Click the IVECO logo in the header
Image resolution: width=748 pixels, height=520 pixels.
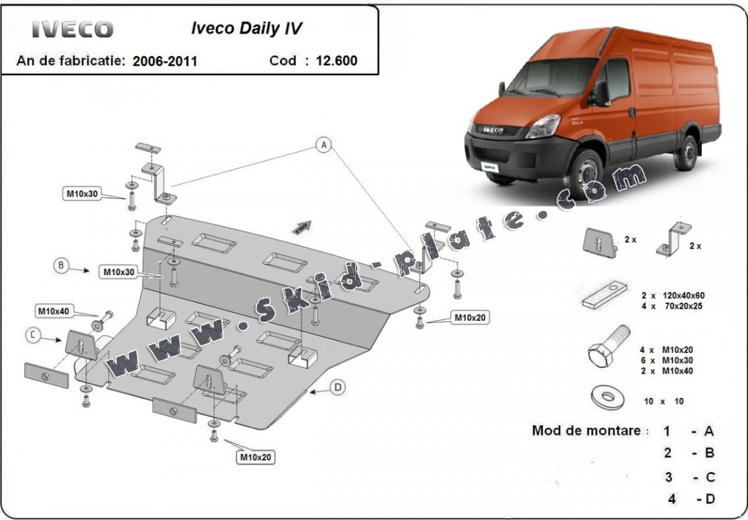click(x=72, y=29)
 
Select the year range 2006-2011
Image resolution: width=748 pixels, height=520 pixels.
click(x=165, y=62)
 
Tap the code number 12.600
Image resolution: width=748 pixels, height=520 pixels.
click(x=336, y=61)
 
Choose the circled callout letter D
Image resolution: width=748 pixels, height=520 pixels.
click(x=337, y=388)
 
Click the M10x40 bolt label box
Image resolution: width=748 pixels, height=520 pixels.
click(x=54, y=312)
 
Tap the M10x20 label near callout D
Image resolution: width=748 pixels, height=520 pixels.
click(x=256, y=458)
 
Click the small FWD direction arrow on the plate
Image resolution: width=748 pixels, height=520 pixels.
click(x=303, y=227)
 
